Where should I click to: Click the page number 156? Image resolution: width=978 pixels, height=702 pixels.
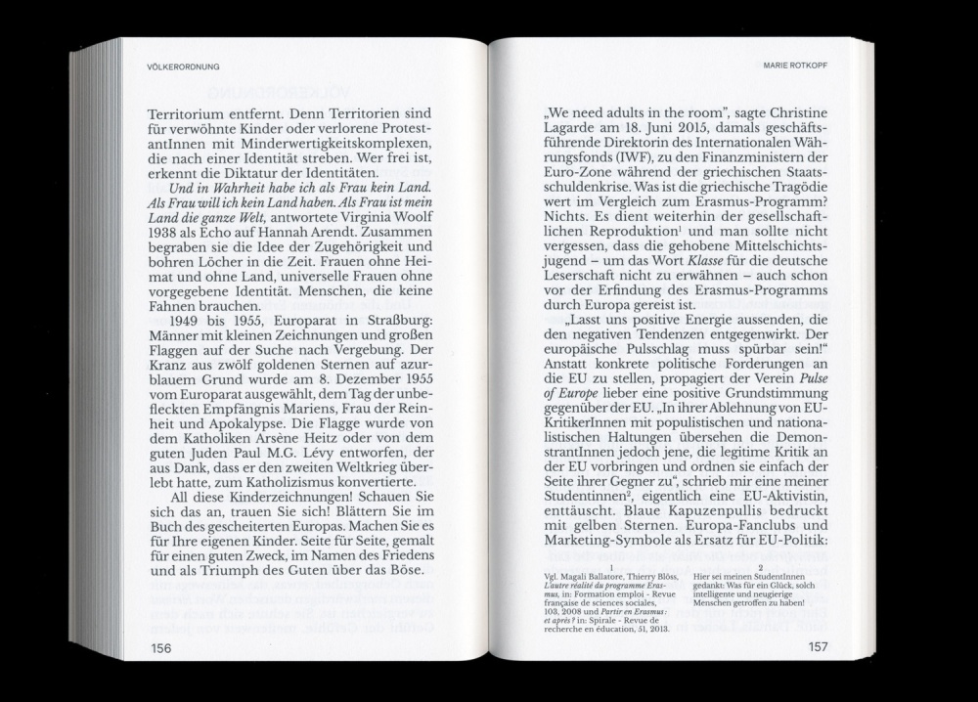tap(160, 648)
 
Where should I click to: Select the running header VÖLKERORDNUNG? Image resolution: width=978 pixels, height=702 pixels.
tap(184, 67)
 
